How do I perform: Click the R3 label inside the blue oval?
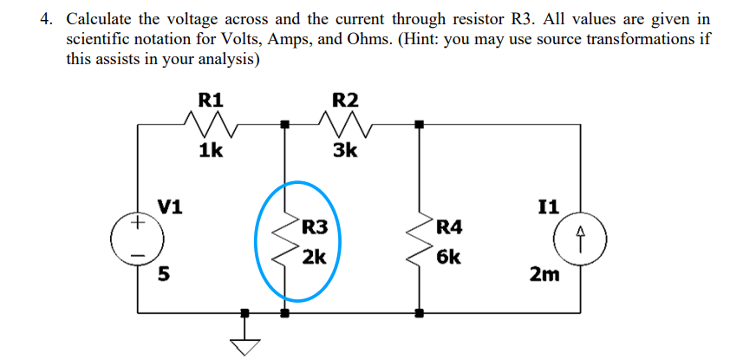(x=314, y=228)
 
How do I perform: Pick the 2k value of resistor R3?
(x=314, y=257)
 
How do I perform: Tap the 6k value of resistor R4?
(x=450, y=257)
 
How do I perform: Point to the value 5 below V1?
(x=162, y=276)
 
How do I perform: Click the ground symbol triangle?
(x=245, y=345)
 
